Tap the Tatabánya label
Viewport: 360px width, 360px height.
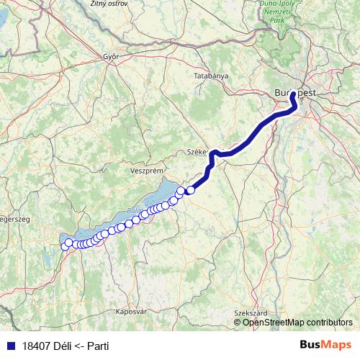coord(211,76)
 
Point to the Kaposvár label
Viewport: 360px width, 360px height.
coord(131,312)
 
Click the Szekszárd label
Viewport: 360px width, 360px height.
coord(251,313)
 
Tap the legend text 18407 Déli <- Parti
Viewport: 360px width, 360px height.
coord(66,345)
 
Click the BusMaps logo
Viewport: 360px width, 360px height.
coord(325,345)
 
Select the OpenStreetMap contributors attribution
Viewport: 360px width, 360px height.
coord(297,323)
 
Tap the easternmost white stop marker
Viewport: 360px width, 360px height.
coord(191,190)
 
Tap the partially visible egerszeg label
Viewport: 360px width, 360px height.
coord(12,220)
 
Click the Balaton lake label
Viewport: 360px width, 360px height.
coord(132,211)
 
